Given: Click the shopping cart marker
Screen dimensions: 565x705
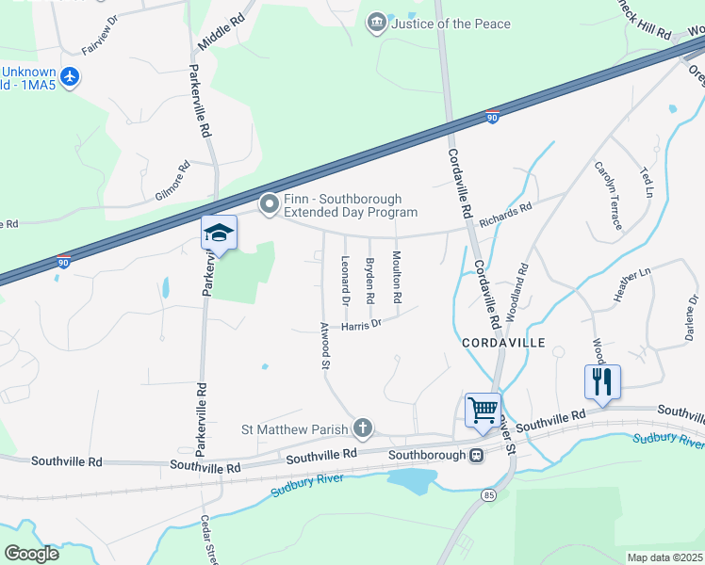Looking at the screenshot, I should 483,411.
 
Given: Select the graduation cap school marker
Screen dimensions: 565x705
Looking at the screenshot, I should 219,234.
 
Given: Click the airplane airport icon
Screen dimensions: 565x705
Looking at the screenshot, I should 69,78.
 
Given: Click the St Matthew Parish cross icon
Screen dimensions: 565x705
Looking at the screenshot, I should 362,429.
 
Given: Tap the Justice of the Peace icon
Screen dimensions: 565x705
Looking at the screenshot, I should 377,23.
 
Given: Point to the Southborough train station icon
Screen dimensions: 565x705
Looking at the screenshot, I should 477,456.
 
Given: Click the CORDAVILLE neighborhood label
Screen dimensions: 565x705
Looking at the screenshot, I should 503,344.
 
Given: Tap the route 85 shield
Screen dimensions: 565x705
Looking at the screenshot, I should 487,494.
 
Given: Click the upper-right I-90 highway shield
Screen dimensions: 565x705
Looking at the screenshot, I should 492,116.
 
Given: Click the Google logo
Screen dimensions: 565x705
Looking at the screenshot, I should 31,554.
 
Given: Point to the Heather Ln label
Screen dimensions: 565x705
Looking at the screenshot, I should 632,285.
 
